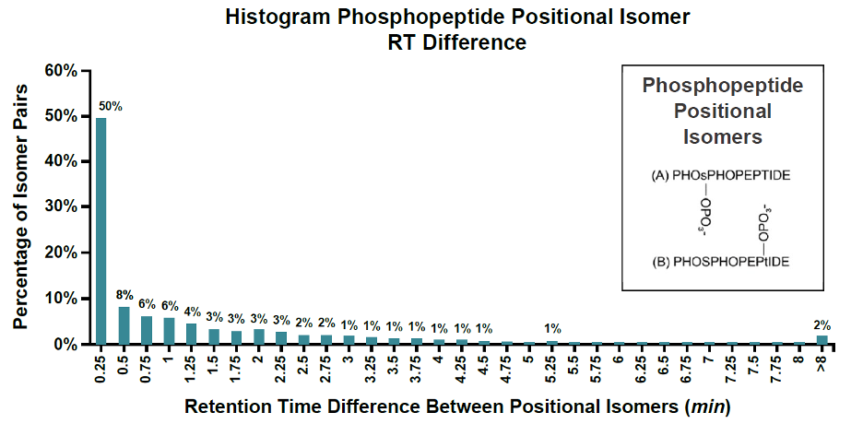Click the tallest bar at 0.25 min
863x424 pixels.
pos(101,230)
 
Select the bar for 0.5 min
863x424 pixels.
pos(124,325)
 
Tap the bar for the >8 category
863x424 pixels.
pos(822,340)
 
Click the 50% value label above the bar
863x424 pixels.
pos(110,106)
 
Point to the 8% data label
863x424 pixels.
pos(124,295)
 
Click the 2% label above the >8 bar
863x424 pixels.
pos(822,324)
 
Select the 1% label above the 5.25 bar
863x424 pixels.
pos(552,328)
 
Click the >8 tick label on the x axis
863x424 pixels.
pos(822,363)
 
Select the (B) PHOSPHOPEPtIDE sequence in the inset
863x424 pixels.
pos(722,261)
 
